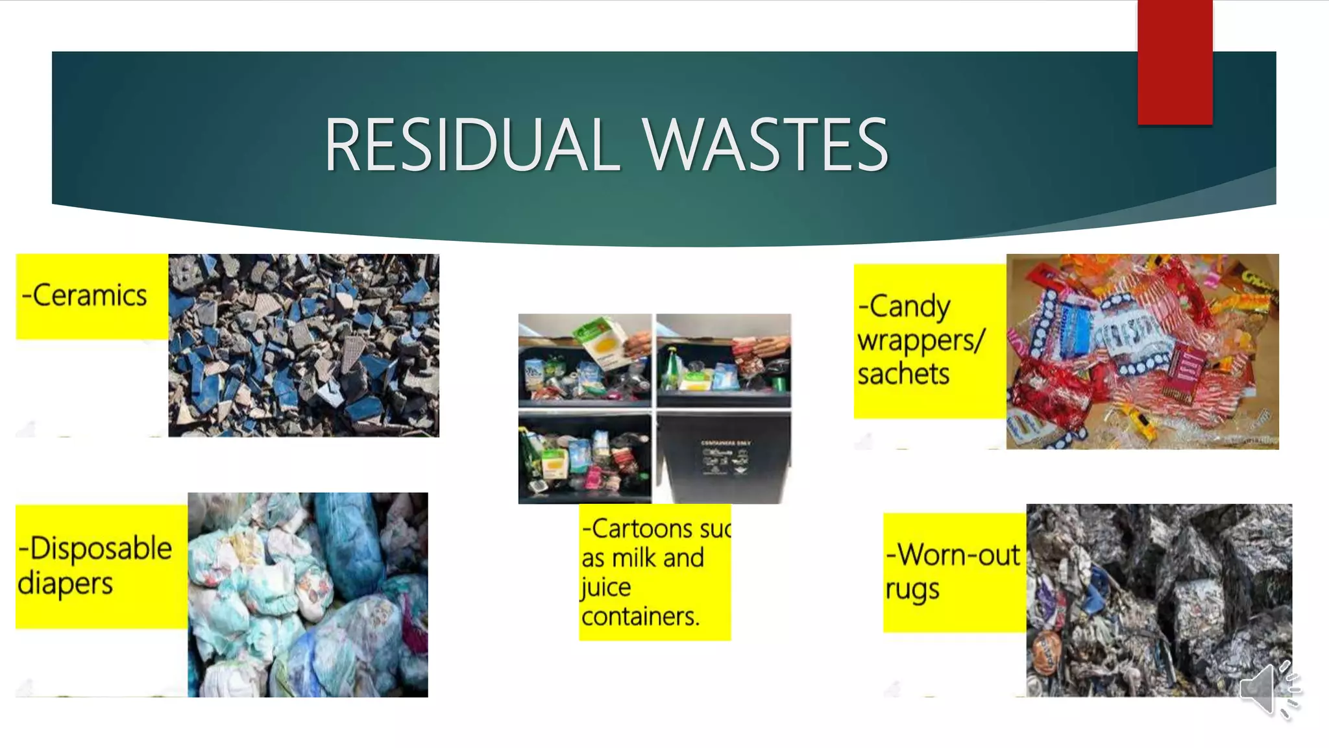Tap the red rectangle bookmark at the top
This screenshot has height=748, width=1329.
pyautogui.click(x=1175, y=62)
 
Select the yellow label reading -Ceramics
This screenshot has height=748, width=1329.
pyautogui.click(x=91, y=296)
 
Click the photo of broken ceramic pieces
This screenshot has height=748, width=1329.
pyautogui.click(x=304, y=345)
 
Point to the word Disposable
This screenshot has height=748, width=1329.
pyautogui.click(x=101, y=548)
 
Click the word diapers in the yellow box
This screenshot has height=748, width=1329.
pyautogui.click(x=65, y=583)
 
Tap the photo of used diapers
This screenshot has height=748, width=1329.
pyautogui.click(x=308, y=595)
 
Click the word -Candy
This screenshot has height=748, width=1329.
pyautogui.click(x=905, y=306)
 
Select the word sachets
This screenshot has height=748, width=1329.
pyautogui.click(x=903, y=374)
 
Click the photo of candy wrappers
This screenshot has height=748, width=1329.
pyautogui.click(x=1142, y=351)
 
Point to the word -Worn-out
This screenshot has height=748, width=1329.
pyautogui.click(x=953, y=555)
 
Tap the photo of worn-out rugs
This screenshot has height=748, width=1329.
pyautogui.click(x=1159, y=600)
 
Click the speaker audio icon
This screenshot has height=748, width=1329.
pyautogui.click(x=1268, y=690)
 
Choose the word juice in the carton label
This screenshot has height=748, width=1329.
pyautogui.click(x=605, y=587)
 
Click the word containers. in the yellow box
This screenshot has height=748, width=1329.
pyautogui.click(x=640, y=616)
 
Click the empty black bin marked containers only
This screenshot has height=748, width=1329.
pyautogui.click(x=724, y=457)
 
